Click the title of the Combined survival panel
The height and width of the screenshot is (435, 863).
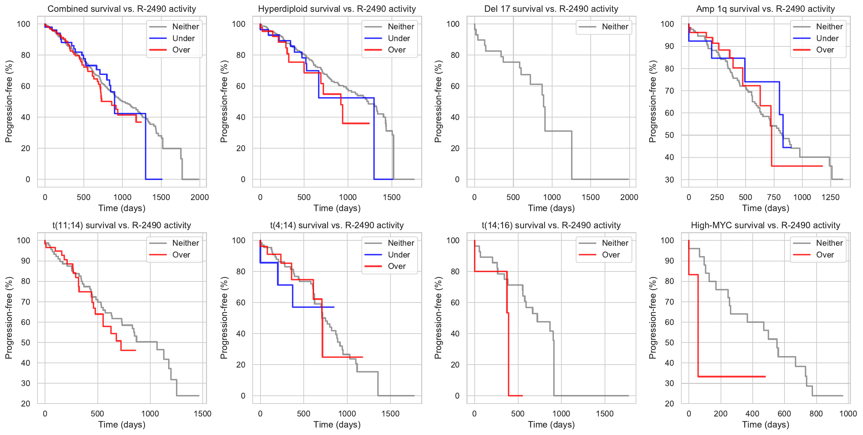[x=122, y=9]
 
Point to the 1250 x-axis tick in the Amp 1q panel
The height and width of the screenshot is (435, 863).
[x=831, y=197]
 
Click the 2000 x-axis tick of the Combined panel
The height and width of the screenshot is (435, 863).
[x=200, y=197]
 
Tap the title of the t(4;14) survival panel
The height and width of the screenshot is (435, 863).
[x=337, y=225]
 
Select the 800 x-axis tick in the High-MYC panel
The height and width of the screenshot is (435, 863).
[x=816, y=414]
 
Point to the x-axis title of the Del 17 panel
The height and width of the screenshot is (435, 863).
[x=551, y=208]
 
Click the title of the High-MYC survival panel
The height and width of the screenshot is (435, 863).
[x=766, y=225]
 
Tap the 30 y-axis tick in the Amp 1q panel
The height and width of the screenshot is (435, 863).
[x=670, y=180]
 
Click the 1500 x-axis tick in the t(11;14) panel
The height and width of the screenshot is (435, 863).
[x=202, y=414]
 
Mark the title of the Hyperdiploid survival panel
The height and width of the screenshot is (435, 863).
[x=337, y=9]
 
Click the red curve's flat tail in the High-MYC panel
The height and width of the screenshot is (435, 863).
[x=732, y=376]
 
